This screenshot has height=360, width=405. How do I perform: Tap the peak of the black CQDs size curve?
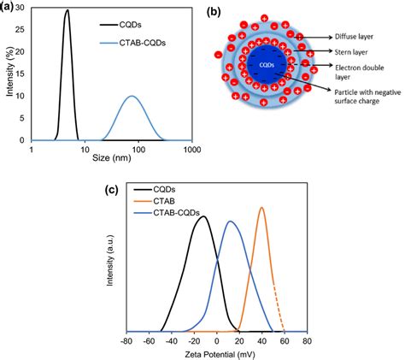point(67,11)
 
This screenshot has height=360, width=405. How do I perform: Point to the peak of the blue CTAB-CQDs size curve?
point(132,97)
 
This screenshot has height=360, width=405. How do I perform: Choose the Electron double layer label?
point(363,68)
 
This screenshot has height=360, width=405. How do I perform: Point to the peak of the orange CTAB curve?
point(261,208)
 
